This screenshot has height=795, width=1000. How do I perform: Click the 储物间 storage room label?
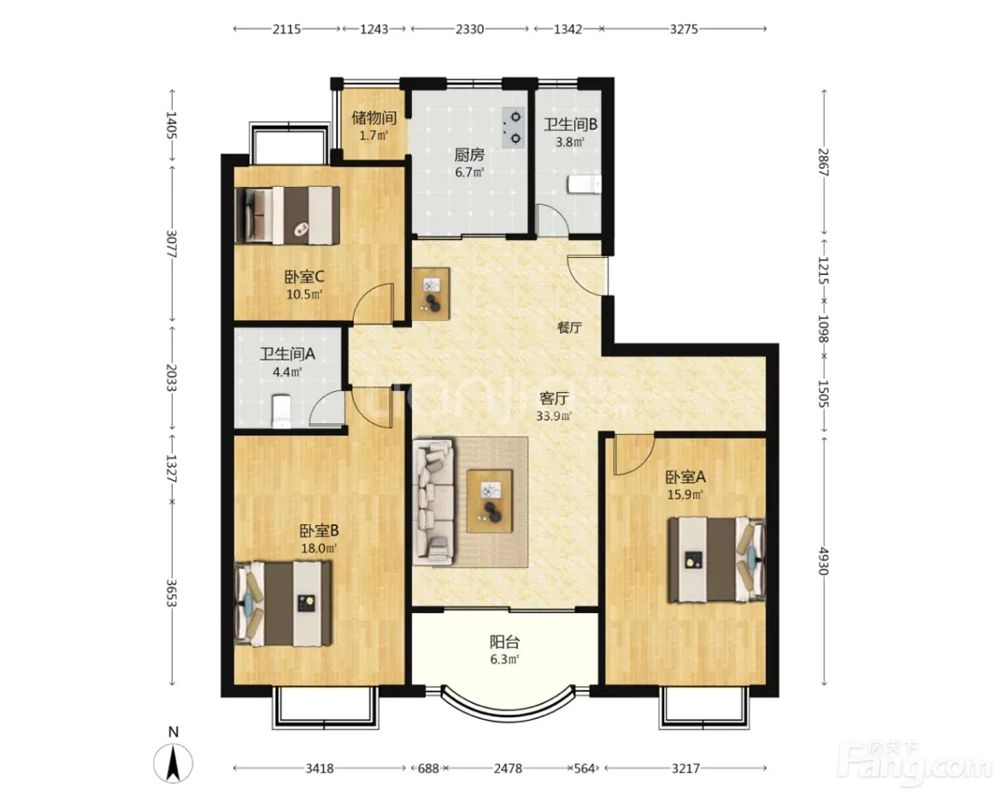(374, 118)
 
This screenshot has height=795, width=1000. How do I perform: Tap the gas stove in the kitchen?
(514, 127)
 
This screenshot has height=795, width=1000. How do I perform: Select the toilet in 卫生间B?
(584, 184)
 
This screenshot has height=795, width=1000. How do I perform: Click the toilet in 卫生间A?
(281, 411)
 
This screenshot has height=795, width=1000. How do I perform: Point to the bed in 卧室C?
(287, 215)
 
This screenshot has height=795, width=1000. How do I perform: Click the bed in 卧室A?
(716, 559)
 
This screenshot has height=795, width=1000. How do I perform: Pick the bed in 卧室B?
(283, 603)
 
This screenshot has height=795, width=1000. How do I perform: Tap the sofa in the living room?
(433, 503)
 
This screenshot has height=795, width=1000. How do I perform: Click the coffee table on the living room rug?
(490, 500)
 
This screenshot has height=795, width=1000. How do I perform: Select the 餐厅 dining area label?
(569, 327)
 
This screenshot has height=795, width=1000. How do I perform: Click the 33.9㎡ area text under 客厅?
(554, 417)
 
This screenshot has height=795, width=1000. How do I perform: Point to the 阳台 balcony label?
(504, 641)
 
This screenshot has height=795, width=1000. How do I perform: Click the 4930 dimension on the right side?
(824, 560)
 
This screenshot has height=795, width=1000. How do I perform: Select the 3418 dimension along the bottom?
(320, 769)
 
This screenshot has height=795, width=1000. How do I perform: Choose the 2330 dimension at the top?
(469, 29)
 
